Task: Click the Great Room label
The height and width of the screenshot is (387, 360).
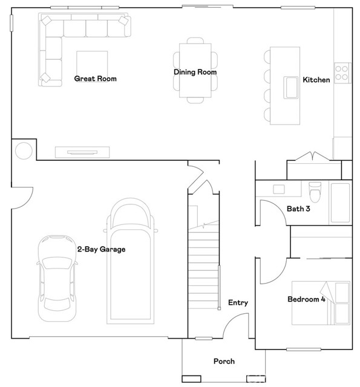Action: click(95, 79)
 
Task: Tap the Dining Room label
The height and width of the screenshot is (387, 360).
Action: click(195, 73)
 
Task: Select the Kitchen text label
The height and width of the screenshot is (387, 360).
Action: click(316, 80)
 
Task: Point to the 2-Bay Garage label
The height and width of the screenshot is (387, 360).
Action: click(101, 249)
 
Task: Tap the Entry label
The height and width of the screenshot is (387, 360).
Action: click(238, 303)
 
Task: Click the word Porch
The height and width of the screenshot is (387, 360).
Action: click(224, 362)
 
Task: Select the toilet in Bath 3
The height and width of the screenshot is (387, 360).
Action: click(314, 192)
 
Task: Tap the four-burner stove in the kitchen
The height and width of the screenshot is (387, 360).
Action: click(342, 73)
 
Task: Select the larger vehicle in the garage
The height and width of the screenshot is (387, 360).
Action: click(131, 260)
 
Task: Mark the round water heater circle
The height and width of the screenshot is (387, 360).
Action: click(24, 150)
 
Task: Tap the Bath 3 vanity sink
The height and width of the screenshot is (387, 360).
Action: click(279, 189)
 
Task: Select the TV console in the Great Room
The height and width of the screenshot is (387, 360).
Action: click(82, 151)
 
